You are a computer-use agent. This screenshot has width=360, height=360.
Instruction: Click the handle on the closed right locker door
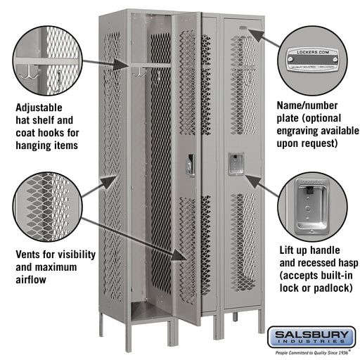click(x=235, y=163)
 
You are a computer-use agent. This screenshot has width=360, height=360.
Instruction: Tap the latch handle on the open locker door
click(x=190, y=165)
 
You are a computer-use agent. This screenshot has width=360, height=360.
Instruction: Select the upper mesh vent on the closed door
click(x=244, y=84)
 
